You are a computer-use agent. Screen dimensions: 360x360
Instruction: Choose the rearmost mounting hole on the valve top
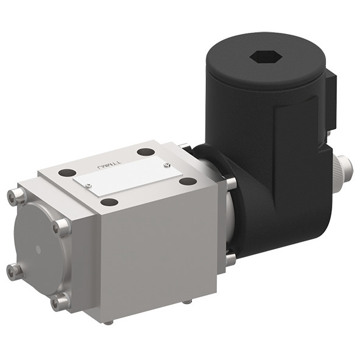(x=146, y=152)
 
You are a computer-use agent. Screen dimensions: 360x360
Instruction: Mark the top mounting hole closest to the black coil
(x=188, y=181)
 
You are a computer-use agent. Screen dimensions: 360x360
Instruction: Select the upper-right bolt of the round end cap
(x=62, y=227)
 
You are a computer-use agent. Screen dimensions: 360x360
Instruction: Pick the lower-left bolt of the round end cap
(x=15, y=270)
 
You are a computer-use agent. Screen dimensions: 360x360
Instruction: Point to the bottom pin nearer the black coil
(x=187, y=301)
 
